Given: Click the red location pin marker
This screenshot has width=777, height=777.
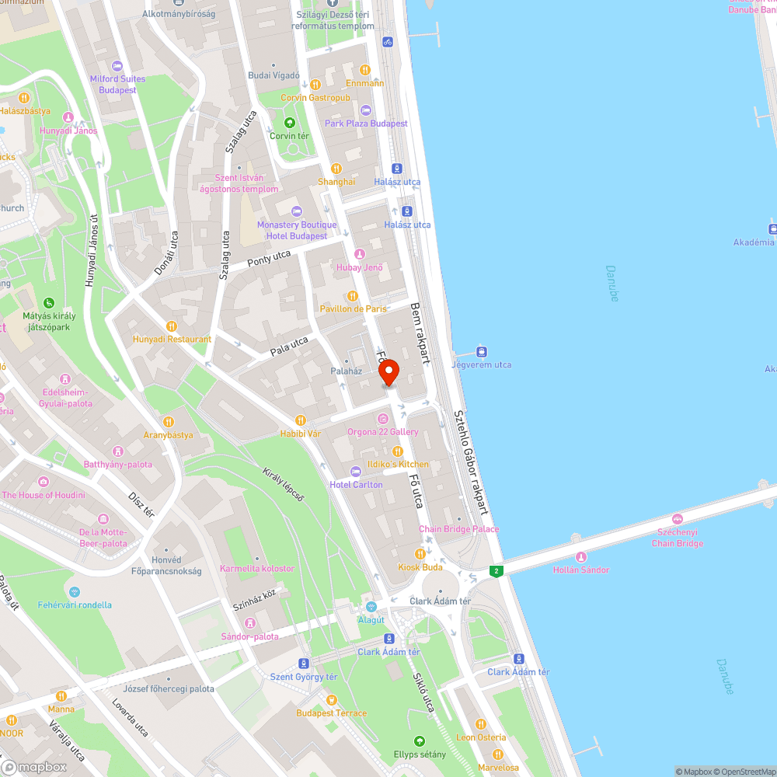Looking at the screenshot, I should pyautogui.click(x=389, y=372).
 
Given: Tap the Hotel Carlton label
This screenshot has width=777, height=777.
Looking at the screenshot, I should pyautogui.click(x=356, y=484).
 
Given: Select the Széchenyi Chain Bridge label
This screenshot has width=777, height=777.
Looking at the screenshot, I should pyautogui.click(x=678, y=538).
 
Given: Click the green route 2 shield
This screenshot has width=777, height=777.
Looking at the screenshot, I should pyautogui.click(x=496, y=571).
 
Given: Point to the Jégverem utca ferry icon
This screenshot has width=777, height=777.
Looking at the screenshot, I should pyautogui.click(x=482, y=352).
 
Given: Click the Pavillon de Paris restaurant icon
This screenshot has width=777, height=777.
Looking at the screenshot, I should pyautogui.click(x=353, y=296).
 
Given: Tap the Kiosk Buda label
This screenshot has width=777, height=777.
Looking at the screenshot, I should pyautogui.click(x=420, y=567).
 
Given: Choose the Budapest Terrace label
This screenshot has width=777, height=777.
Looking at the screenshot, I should pyautogui.click(x=332, y=713).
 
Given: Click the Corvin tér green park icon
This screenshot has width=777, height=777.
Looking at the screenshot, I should pyautogui.click(x=289, y=123).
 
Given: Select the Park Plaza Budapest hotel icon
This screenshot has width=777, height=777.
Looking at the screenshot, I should pyautogui.click(x=366, y=111).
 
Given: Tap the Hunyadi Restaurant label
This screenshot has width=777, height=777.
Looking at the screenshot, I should pyautogui.click(x=172, y=339).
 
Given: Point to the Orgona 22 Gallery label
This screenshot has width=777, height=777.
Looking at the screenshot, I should pyautogui.click(x=383, y=432).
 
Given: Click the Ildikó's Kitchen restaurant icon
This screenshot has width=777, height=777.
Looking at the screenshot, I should pyautogui.click(x=398, y=451).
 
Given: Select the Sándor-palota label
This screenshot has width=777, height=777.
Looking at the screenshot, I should pyautogui.click(x=249, y=636).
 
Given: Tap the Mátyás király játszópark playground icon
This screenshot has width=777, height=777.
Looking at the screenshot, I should pyautogui.click(x=48, y=303).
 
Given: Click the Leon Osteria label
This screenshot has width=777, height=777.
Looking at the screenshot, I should pyautogui.click(x=481, y=737).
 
